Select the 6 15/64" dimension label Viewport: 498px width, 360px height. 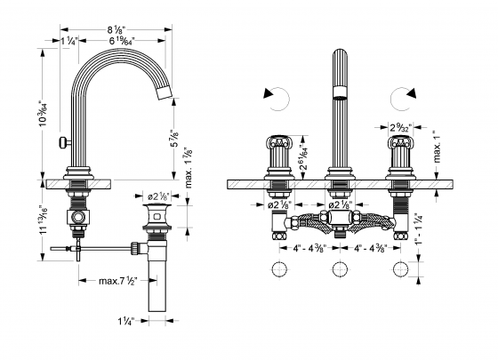tap(122, 41)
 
